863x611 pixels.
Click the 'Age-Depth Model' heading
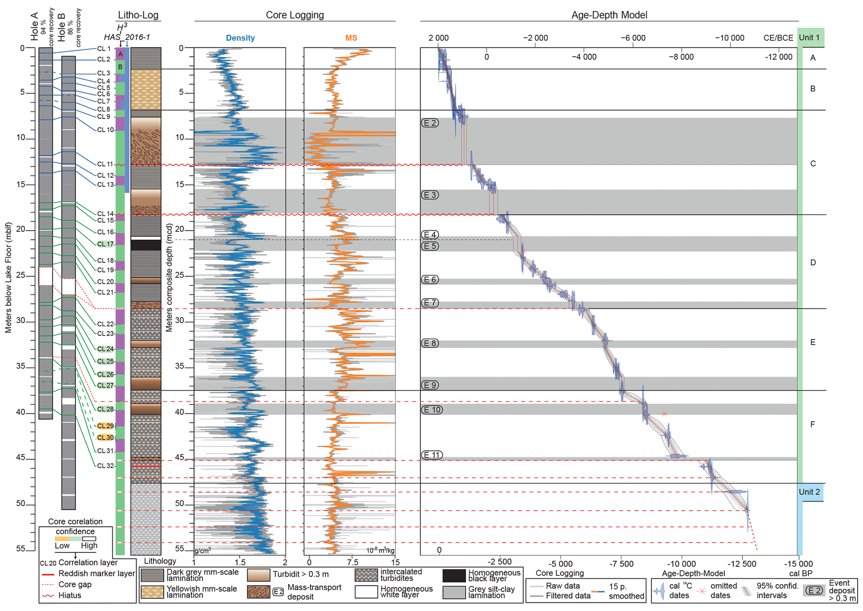(609, 15)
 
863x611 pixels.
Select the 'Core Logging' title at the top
(295, 15)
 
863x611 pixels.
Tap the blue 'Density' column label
(240, 38)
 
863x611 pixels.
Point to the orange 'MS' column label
(351, 38)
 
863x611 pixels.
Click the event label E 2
(430, 123)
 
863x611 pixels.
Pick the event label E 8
(430, 343)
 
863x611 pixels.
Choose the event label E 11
(432, 455)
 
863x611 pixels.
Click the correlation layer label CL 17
(105, 244)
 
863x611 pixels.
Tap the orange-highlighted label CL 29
(105, 426)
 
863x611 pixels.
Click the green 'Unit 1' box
(810, 38)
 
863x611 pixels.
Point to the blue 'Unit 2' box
(810, 492)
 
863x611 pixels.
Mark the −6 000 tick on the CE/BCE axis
(633, 38)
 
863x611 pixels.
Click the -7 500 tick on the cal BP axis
(621, 563)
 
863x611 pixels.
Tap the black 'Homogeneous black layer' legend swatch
(454, 575)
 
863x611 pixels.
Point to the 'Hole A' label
(34, 26)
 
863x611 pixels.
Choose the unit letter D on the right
(812, 262)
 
